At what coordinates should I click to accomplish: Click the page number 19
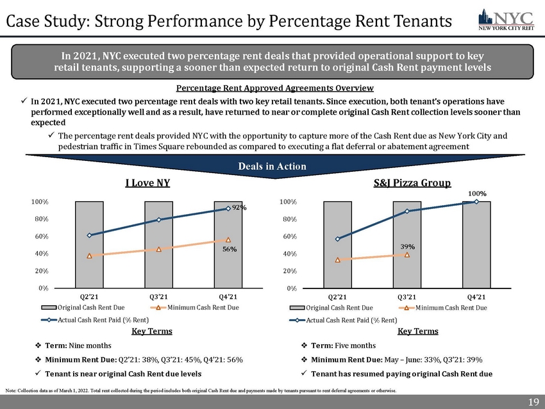(x=532, y=401)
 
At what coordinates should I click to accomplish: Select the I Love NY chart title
(x=147, y=183)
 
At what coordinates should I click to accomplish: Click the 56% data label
(x=228, y=250)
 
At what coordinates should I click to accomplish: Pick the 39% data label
(x=407, y=246)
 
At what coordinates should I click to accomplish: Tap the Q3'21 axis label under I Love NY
(x=158, y=297)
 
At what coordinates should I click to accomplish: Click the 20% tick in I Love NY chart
(x=40, y=271)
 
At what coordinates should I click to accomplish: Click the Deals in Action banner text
(x=272, y=166)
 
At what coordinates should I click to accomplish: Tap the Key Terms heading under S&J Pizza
(x=417, y=331)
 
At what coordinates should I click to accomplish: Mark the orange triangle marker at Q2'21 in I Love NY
(x=90, y=255)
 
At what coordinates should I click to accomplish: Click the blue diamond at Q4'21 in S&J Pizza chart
(x=476, y=202)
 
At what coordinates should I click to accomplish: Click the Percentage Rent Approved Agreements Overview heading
(x=274, y=88)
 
